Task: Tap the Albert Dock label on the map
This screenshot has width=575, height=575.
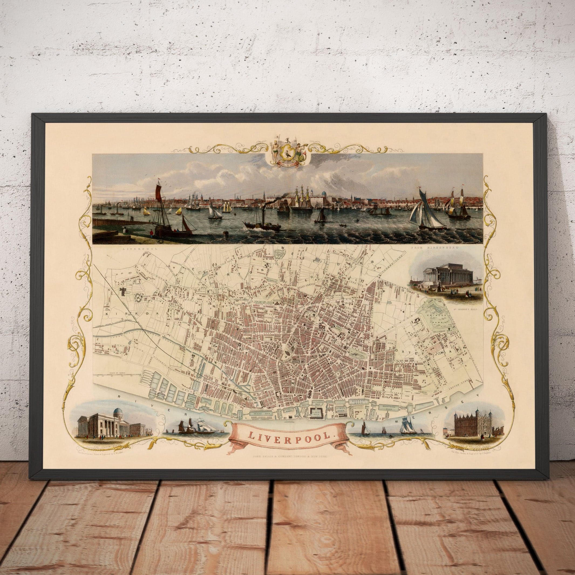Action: click(x=315, y=414)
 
